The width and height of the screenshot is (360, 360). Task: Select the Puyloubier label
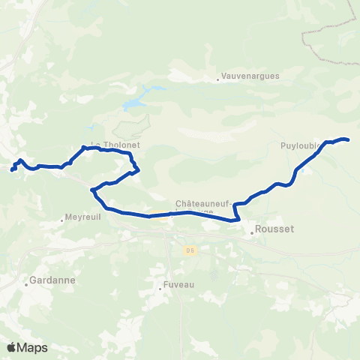[x=301, y=145]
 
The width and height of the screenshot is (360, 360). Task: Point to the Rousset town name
[x=274, y=230]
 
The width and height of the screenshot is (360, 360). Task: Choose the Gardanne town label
[x=48, y=282]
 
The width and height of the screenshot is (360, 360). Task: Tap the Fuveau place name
[x=179, y=285]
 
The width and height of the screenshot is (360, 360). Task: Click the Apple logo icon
[x=11, y=347]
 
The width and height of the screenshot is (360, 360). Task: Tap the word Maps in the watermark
[x=32, y=347]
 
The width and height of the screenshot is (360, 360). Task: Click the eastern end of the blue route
[x=348, y=139]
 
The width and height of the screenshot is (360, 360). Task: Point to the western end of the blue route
[x=12, y=169]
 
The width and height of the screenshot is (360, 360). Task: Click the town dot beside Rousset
[x=253, y=232]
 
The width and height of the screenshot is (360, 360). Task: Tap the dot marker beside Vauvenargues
[x=218, y=76]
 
